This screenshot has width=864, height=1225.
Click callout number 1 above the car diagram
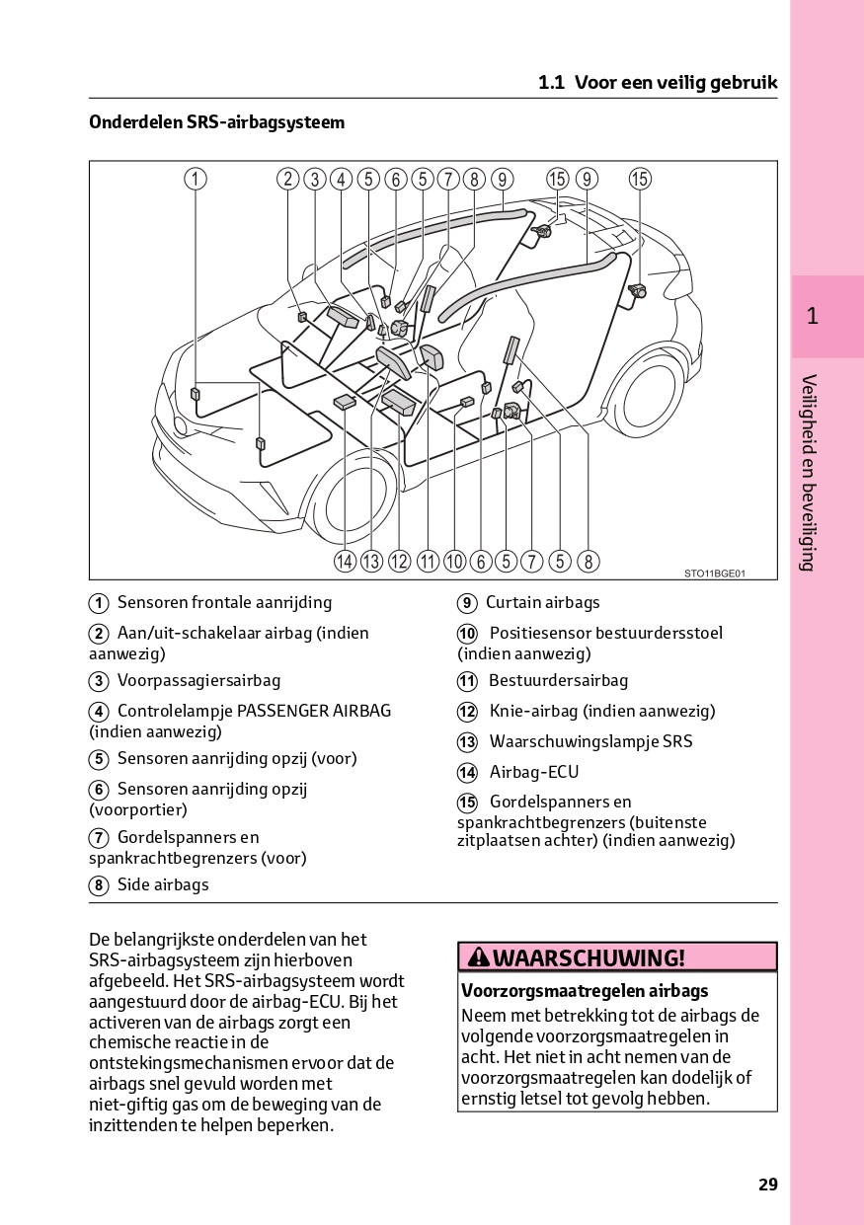[x=196, y=179]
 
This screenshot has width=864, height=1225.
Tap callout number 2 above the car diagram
[x=287, y=179]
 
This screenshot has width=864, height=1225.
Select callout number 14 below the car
[x=344, y=562]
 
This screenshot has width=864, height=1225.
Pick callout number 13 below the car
[x=371, y=562]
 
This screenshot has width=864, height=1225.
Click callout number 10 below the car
[x=454, y=562]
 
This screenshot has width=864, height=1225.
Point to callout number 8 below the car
[x=588, y=562]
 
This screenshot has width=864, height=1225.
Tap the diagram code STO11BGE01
[x=715, y=573]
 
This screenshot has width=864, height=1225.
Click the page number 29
[x=768, y=1185]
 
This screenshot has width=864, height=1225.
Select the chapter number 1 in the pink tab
[x=812, y=316]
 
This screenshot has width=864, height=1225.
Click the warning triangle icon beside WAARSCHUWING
[x=478, y=957]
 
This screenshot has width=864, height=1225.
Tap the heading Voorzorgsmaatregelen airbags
[x=585, y=990]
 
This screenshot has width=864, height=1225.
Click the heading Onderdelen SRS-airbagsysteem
[x=217, y=122]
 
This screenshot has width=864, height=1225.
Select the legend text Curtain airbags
[x=542, y=602]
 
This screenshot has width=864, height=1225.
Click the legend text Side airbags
[x=163, y=884]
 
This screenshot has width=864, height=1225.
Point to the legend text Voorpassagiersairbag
[x=198, y=680]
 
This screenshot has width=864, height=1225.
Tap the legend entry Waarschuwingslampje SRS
[x=590, y=741]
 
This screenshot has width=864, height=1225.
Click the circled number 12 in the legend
[x=467, y=712]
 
